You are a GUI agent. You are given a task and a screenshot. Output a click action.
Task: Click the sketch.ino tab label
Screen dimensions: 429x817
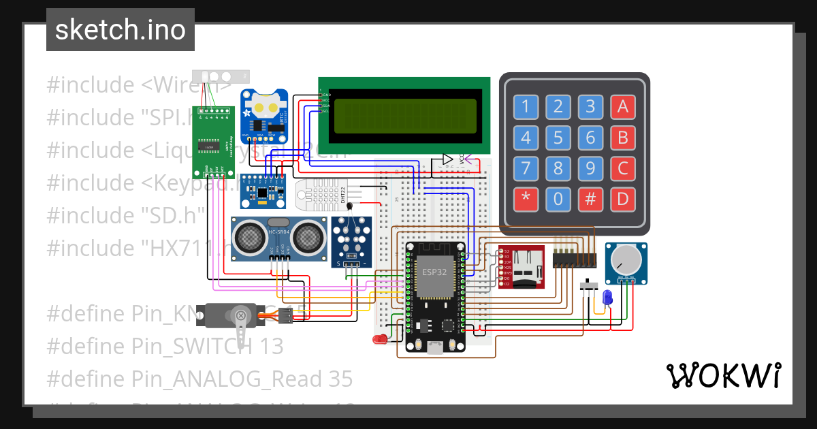pos(120,30)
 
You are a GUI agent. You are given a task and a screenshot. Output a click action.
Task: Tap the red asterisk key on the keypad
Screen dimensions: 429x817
pos(525,200)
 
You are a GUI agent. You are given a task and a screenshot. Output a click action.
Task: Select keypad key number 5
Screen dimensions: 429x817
pos(558,138)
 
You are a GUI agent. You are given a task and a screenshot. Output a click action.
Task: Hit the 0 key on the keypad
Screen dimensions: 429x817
pos(558,200)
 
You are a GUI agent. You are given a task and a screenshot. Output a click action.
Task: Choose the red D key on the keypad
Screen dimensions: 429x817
pos(622,200)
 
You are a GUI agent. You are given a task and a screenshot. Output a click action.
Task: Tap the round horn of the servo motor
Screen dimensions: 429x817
pos(240,315)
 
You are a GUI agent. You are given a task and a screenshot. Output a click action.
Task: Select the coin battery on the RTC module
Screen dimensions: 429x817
pos(264,105)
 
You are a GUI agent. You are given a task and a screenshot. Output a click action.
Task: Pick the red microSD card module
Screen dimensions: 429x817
pos(521,267)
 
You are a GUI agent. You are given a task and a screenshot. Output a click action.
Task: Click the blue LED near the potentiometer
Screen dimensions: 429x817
pos(607,297)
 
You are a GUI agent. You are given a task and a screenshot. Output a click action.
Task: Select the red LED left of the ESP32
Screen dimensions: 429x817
pos(379,338)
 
